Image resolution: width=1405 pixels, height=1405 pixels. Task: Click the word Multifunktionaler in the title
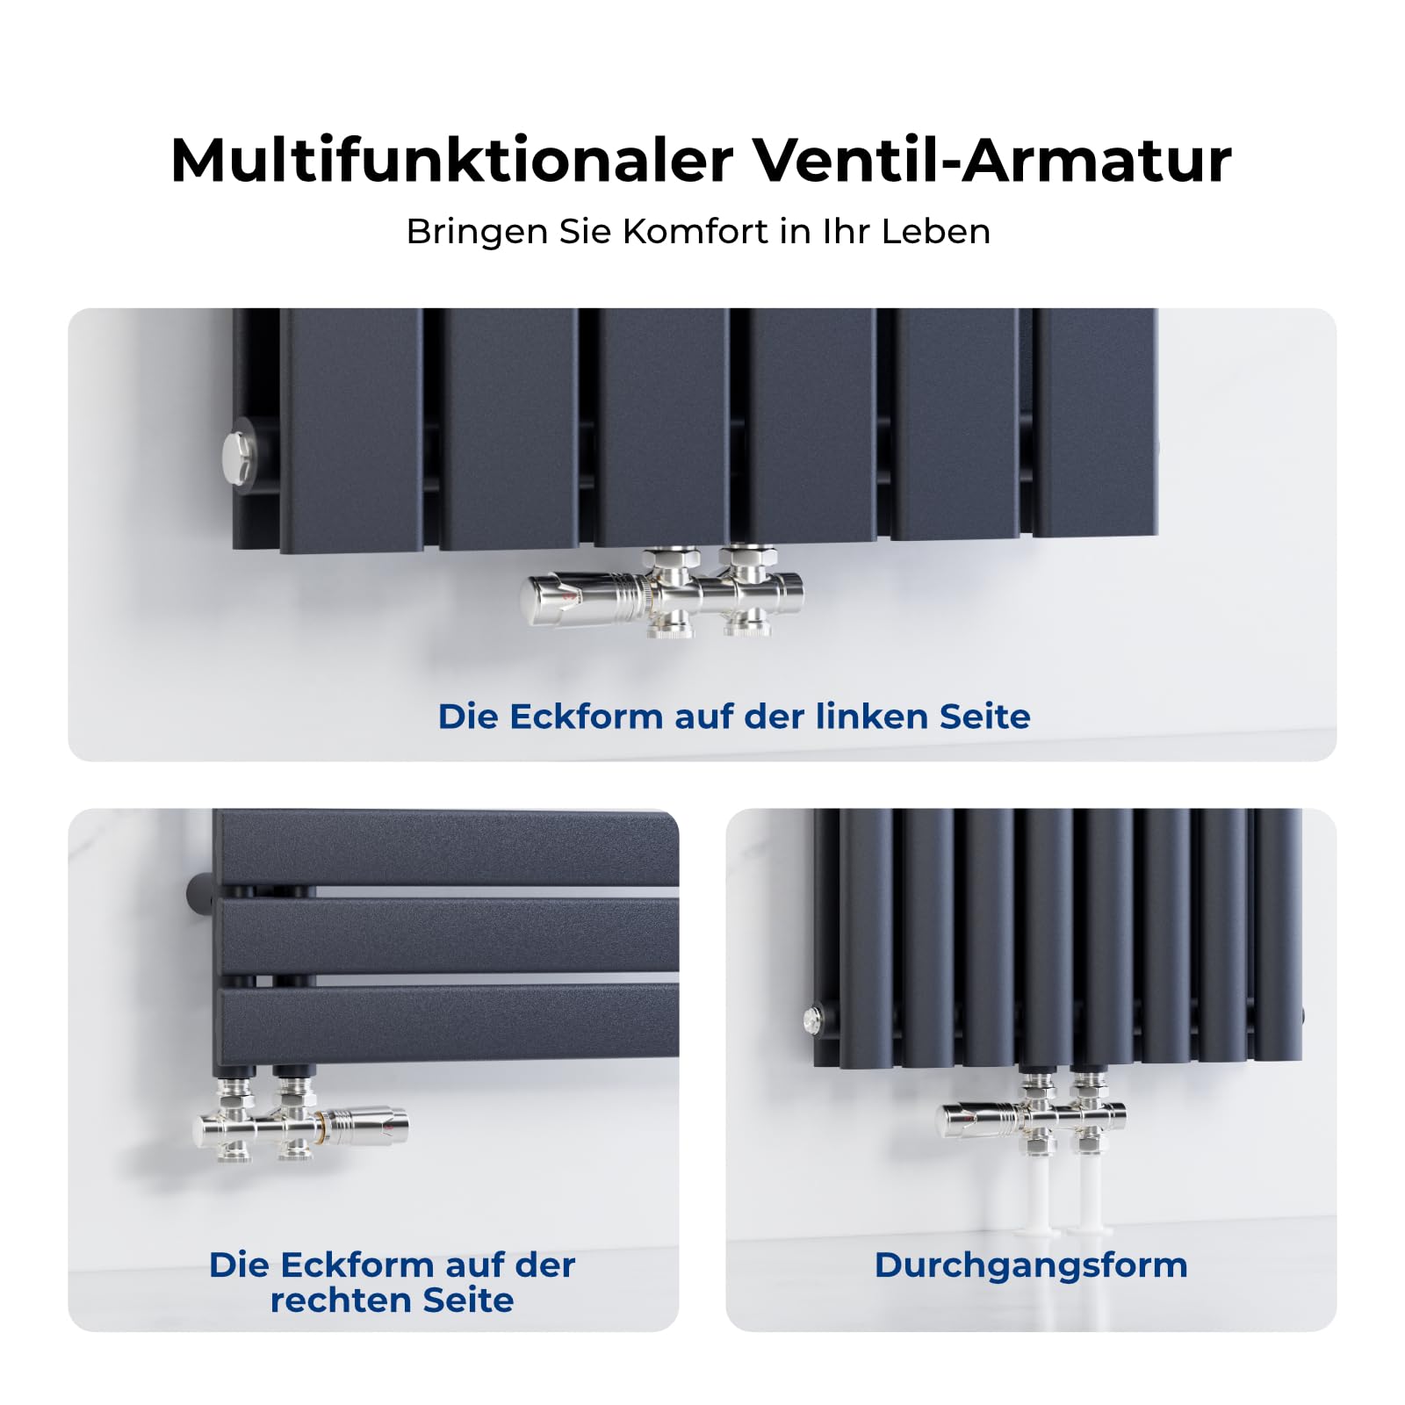click(x=452, y=161)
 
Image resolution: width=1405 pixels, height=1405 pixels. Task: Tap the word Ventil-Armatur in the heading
click(x=993, y=161)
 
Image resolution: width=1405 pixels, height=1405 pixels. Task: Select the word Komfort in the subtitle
click(x=695, y=232)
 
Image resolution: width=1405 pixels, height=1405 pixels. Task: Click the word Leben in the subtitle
click(x=936, y=232)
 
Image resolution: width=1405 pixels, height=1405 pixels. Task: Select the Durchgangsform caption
click(x=1031, y=1265)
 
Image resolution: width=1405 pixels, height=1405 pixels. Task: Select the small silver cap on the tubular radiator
click(x=813, y=1020)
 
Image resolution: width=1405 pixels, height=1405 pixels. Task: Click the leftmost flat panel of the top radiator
click(x=351, y=430)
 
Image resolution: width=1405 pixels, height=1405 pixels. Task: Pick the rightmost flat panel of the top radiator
click(x=1095, y=422)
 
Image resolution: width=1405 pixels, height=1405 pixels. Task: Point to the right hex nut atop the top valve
click(x=748, y=558)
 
